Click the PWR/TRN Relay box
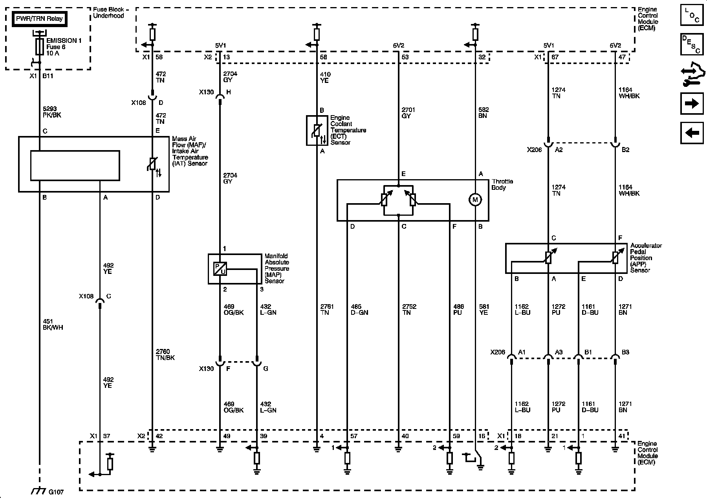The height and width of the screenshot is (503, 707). click(x=39, y=18)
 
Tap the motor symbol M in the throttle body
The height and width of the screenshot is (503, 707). click(x=475, y=200)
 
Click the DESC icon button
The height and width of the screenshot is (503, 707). click(x=692, y=44)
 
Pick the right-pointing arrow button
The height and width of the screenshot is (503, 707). click(x=692, y=104)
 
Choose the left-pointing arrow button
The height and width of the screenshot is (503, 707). click(x=692, y=133)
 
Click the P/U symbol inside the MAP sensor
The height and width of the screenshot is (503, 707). click(x=220, y=269)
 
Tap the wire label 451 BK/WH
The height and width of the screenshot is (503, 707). click(x=53, y=324)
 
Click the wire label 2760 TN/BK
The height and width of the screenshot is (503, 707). click(x=165, y=354)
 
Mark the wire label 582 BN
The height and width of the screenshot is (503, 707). click(x=484, y=113)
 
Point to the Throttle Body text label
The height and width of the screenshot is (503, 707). click(x=502, y=184)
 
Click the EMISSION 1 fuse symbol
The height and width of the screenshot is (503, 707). click(x=39, y=47)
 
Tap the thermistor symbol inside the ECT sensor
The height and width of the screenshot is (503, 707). click(x=317, y=130)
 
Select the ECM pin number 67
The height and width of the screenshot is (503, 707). click(x=555, y=57)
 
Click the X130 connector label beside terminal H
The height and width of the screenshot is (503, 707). click(x=207, y=92)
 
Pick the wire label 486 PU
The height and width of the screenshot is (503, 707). click(x=458, y=310)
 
